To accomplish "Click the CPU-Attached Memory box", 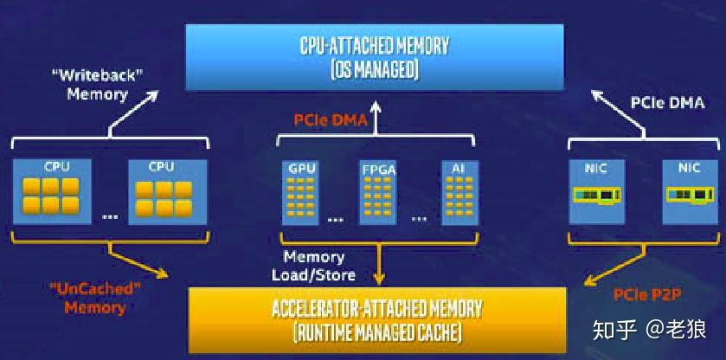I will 375,57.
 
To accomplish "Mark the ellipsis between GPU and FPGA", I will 337,218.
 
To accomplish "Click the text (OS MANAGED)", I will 375,70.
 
